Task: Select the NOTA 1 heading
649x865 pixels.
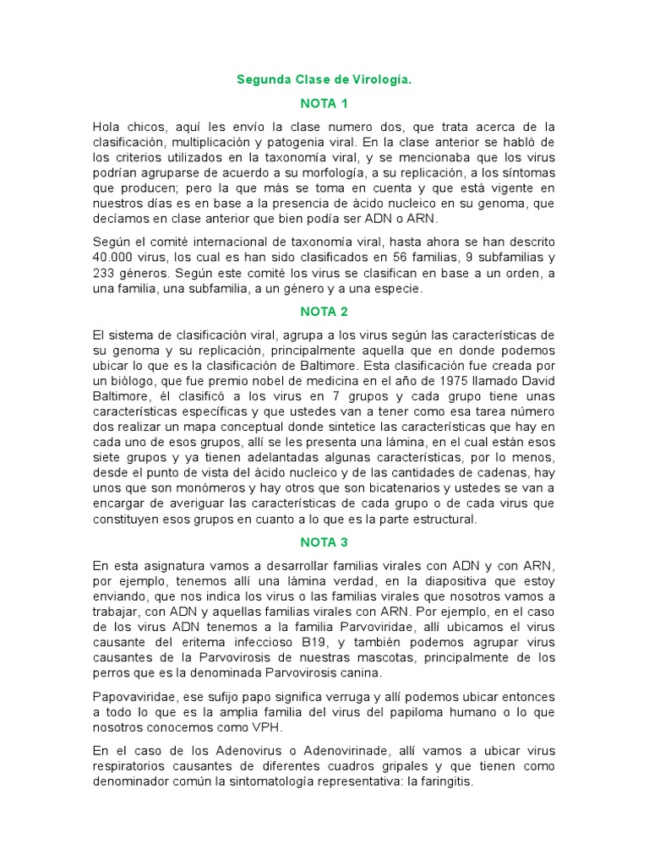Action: point(324,104)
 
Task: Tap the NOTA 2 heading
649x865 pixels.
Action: point(324,311)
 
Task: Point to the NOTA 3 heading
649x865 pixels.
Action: point(324,542)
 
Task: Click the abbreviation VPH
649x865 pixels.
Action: point(287,727)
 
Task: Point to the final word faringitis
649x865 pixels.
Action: point(444,781)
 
